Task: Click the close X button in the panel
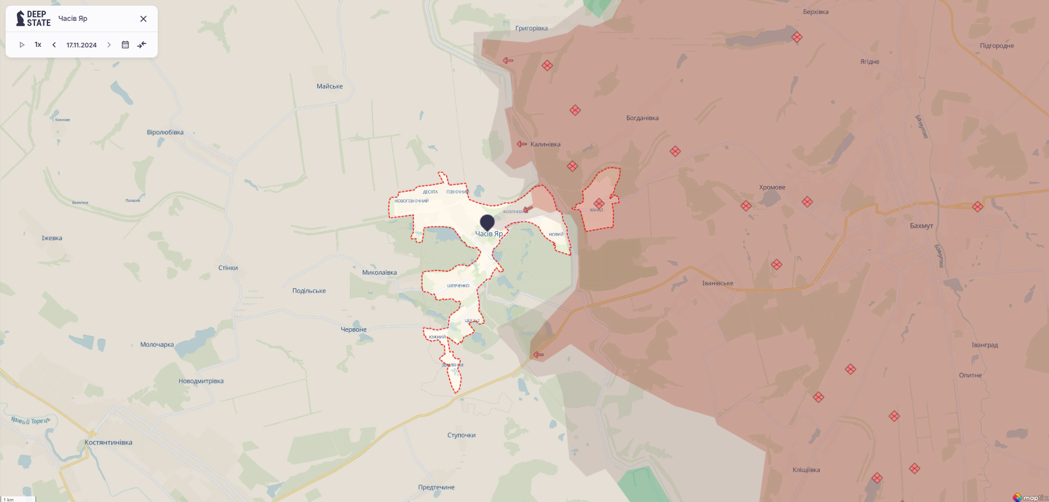point(143,19)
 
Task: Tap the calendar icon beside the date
point(125,45)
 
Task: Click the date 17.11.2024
point(81,45)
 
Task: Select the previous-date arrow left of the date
point(54,45)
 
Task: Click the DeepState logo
point(33,19)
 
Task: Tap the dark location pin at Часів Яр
point(487,222)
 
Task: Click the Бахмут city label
point(921,226)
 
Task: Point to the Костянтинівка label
point(108,442)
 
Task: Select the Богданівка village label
point(642,118)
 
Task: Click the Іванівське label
point(718,283)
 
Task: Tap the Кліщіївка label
point(806,470)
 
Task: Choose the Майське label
point(330,86)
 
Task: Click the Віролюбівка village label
point(165,133)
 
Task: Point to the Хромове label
point(772,187)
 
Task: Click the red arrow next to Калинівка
point(522,144)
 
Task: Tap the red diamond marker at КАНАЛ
point(599,203)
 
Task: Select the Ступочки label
point(461,435)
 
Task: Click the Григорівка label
point(531,28)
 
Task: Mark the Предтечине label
point(436,487)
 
